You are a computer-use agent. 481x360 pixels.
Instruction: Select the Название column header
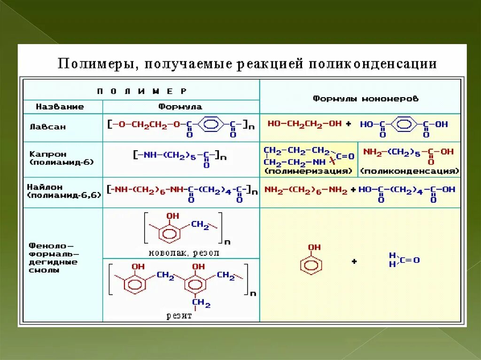(60, 107)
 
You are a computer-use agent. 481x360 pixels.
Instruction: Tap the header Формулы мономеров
(359, 99)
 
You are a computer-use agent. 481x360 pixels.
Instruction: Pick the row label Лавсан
(47, 127)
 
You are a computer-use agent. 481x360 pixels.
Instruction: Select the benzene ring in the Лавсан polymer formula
(212, 124)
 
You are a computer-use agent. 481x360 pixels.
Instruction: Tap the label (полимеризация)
(308, 171)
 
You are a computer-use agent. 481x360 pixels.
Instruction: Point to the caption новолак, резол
(184, 253)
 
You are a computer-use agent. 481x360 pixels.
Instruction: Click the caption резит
(179, 316)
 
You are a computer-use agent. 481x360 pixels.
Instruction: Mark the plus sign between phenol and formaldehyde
(354, 261)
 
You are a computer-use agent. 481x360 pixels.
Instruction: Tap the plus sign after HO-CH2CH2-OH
(348, 124)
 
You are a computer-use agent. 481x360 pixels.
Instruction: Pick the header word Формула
(180, 107)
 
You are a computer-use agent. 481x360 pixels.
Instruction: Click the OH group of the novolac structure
(173, 216)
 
